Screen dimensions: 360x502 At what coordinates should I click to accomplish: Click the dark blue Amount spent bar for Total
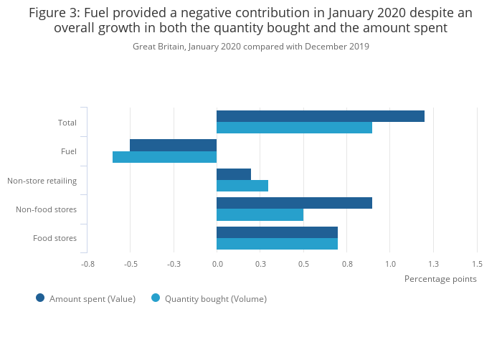click(x=320, y=116)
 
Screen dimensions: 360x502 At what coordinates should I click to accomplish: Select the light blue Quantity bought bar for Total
click(x=294, y=128)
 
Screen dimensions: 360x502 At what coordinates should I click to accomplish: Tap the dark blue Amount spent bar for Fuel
click(x=173, y=145)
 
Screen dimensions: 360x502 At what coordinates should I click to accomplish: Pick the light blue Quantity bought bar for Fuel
click(x=164, y=157)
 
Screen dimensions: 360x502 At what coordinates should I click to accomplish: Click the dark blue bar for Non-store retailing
click(x=233, y=174)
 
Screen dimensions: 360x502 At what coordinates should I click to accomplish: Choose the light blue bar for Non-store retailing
click(x=242, y=186)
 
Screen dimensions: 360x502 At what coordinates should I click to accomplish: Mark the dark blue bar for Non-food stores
click(x=294, y=203)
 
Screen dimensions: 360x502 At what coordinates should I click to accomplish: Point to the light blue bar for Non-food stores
click(x=260, y=214)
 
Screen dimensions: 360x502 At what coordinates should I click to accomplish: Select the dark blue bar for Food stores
click(x=277, y=232)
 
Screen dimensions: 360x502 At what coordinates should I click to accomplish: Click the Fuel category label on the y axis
click(x=69, y=151)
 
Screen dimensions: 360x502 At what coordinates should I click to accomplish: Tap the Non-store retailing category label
click(x=42, y=181)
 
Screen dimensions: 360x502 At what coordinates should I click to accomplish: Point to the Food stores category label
click(x=55, y=238)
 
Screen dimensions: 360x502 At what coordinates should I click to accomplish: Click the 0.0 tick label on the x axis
click(x=217, y=264)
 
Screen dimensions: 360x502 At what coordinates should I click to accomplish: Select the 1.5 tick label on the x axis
click(x=477, y=264)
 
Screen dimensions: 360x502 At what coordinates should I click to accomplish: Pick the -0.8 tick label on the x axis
click(x=87, y=264)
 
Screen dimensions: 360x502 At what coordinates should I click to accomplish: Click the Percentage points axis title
click(x=440, y=278)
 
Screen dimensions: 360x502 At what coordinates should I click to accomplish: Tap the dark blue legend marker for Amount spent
click(x=40, y=298)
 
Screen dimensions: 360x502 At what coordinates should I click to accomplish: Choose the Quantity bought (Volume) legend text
click(x=216, y=299)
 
